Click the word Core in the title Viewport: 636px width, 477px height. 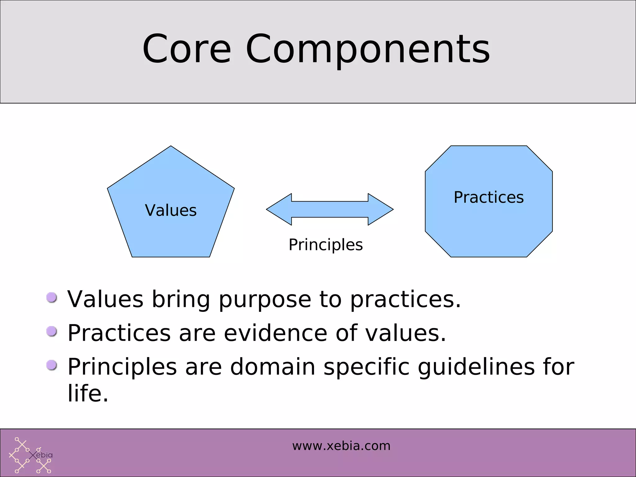(x=187, y=49)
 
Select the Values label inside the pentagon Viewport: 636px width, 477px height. (x=171, y=210)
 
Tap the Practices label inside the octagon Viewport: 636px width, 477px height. (x=488, y=197)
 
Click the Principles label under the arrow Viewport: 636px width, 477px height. (x=325, y=245)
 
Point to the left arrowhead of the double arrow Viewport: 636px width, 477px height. (x=278, y=209)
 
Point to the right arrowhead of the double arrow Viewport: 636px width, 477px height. (x=381, y=209)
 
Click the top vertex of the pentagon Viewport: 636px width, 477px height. (x=171, y=147)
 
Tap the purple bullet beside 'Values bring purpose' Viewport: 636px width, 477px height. (x=52, y=298)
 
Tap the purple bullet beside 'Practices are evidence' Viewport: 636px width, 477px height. (x=52, y=331)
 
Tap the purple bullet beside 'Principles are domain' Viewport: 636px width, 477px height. (x=52, y=365)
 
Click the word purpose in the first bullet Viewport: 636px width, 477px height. (x=265, y=300)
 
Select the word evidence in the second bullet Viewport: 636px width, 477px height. (x=275, y=333)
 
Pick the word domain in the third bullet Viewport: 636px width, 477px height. (x=272, y=367)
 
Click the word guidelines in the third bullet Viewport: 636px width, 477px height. (x=476, y=367)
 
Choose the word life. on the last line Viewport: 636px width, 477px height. (x=88, y=393)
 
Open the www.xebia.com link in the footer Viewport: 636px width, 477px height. (x=341, y=446)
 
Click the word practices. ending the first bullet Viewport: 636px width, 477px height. (x=405, y=300)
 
